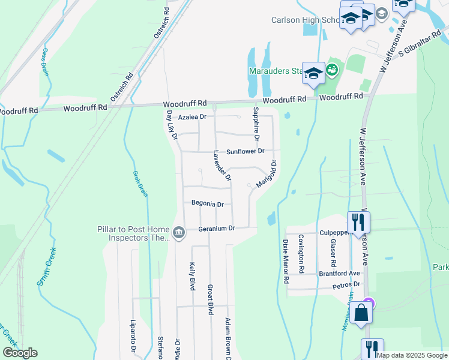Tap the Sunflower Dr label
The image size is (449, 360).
point(245,152)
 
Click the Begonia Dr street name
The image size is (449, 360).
point(207,204)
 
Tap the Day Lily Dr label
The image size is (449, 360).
point(172,124)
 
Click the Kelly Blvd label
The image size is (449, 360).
point(193,276)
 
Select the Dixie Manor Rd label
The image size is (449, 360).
point(286,262)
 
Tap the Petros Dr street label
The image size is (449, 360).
point(348,284)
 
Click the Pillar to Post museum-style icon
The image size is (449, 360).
point(178,232)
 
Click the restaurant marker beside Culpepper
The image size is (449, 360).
point(358,222)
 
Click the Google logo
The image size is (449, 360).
point(19,353)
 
